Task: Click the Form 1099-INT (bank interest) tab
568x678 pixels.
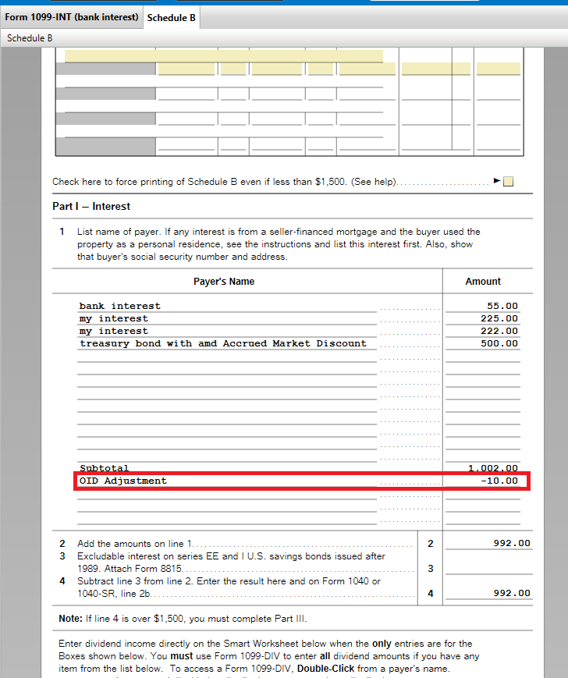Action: point(72,17)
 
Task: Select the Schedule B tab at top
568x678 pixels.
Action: point(171,17)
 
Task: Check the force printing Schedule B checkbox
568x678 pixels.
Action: point(508,182)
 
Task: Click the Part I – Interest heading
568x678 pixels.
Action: point(91,207)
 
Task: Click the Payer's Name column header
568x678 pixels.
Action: point(224,282)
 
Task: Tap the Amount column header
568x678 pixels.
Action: point(483,282)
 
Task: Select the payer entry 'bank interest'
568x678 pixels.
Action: point(119,306)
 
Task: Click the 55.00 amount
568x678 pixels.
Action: point(502,306)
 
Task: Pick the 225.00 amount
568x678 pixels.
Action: point(499,318)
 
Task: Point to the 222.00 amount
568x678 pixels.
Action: point(499,331)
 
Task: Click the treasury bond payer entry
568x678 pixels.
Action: point(222,343)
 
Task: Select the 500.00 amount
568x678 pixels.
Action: point(499,343)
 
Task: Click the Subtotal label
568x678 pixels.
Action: point(104,468)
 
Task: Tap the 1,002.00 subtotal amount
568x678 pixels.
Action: point(493,468)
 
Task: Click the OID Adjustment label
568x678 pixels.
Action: point(123,481)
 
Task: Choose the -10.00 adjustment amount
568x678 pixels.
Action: point(499,481)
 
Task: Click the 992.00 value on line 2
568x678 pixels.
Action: point(511,543)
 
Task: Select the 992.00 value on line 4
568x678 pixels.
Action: point(511,593)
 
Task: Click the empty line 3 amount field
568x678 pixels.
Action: point(488,568)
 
